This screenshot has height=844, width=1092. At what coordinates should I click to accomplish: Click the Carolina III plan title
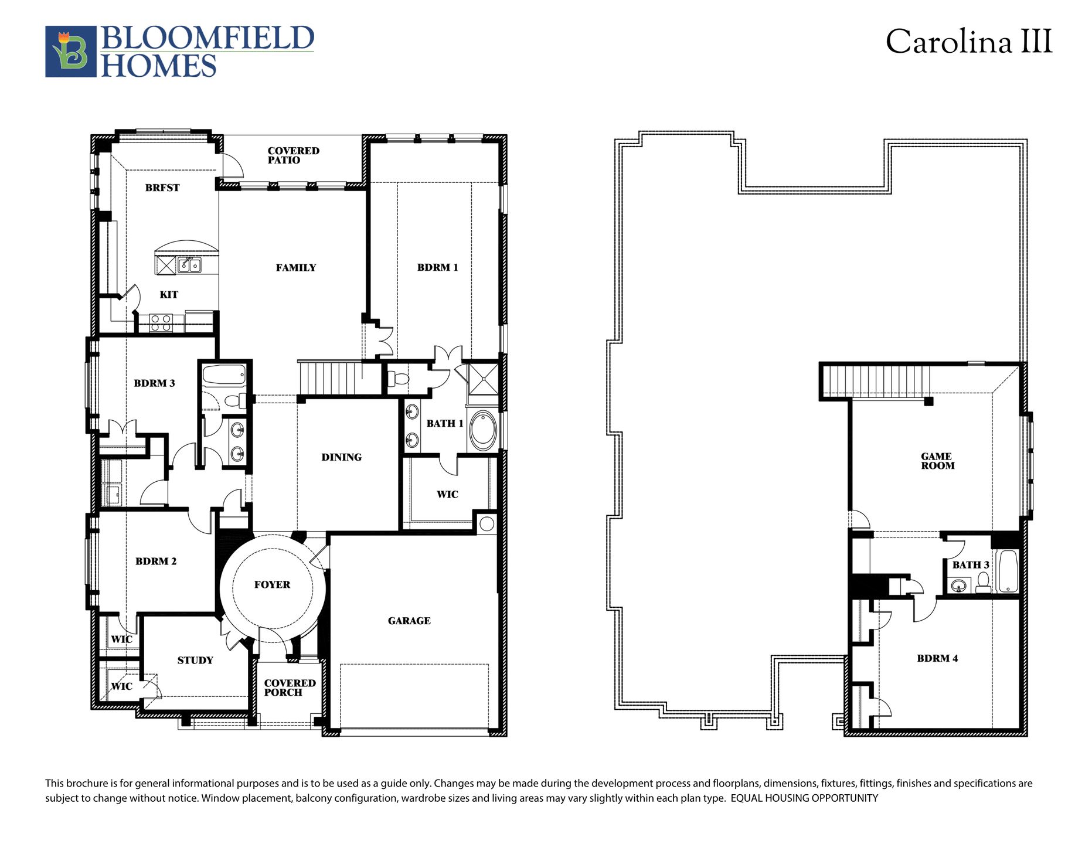coord(968,42)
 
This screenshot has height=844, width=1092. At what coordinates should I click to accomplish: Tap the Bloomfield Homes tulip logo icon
coord(70,52)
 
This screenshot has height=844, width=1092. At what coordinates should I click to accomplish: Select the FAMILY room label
coord(296,268)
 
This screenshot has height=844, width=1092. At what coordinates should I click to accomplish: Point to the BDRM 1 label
coord(437,267)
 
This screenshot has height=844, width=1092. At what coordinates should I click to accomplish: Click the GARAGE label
coord(409,621)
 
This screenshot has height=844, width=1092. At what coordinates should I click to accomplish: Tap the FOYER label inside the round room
coord(272,584)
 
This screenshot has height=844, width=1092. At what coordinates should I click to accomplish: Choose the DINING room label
coord(341,457)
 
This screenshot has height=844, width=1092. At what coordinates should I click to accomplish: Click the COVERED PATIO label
coord(293,155)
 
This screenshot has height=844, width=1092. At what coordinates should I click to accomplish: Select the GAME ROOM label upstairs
coord(937,461)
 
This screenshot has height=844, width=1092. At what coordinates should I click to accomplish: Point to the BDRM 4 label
coord(937,658)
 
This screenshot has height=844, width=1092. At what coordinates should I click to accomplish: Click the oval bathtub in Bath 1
coord(483,431)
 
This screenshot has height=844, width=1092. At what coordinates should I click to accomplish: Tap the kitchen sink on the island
coord(189,265)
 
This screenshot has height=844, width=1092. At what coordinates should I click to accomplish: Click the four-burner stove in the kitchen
coord(161,323)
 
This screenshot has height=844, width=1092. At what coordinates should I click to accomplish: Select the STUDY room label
coord(195,661)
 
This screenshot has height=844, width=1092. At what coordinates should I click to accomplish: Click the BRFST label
coord(162,188)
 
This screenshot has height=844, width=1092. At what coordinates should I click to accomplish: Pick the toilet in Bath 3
coord(983,582)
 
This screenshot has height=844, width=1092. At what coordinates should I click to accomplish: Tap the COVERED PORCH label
coord(290,688)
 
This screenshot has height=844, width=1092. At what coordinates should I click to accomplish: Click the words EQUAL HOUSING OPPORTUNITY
coord(804,798)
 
